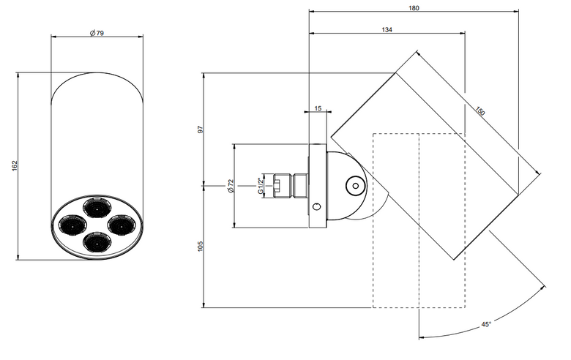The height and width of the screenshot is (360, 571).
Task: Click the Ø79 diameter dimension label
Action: click(x=97, y=33)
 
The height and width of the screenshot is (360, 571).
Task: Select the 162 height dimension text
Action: click(x=15, y=165)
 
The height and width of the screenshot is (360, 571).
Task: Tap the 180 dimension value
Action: click(x=414, y=8)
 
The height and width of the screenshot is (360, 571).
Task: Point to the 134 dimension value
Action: click(x=387, y=30)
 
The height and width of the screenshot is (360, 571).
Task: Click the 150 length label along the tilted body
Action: click(x=480, y=110)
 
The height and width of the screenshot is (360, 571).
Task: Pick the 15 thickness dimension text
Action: click(x=318, y=108)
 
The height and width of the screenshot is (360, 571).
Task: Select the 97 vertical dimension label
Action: click(x=200, y=130)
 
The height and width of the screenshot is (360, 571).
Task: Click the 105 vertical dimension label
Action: click(x=200, y=246)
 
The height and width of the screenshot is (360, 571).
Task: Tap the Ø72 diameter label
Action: click(x=230, y=186)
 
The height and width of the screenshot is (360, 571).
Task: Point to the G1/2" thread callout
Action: click(x=261, y=186)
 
